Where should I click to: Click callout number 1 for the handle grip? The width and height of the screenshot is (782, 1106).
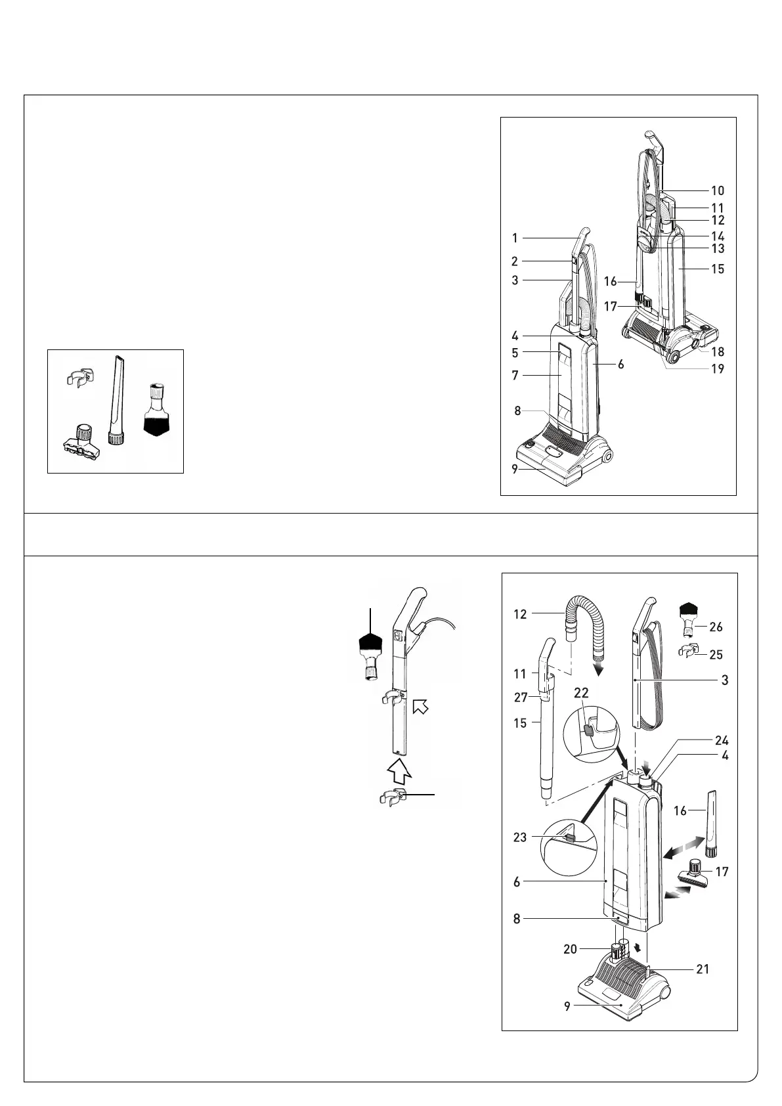click(x=515, y=238)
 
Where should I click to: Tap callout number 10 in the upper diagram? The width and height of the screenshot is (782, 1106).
click(x=718, y=190)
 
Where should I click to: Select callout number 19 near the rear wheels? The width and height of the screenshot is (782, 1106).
click(x=718, y=368)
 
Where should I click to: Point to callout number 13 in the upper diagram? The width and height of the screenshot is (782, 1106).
click(x=718, y=248)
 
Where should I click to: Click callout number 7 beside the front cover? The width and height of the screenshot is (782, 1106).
click(x=515, y=376)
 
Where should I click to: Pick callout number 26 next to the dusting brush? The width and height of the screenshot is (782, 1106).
click(x=716, y=627)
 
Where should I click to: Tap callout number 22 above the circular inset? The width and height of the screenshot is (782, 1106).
click(x=581, y=692)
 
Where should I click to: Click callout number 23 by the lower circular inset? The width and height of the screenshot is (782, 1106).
click(x=520, y=837)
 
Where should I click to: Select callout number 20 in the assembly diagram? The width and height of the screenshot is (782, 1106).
click(x=570, y=949)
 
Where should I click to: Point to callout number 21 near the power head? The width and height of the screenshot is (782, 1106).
click(x=703, y=969)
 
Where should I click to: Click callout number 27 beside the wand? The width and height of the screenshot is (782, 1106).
click(x=520, y=697)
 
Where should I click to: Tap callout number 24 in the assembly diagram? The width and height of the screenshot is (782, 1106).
click(x=722, y=740)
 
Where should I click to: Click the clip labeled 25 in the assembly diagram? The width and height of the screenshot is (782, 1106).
click(x=687, y=652)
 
